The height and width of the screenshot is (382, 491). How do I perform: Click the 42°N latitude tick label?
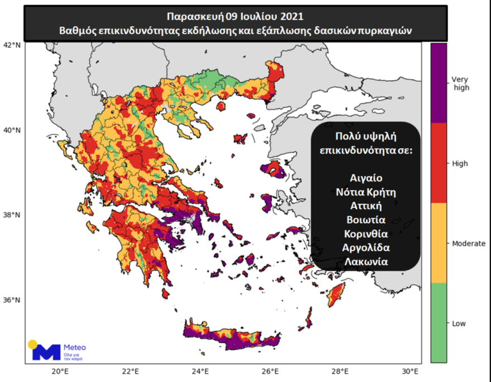pyautogui.click(x=13, y=45)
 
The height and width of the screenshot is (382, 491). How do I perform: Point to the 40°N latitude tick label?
pyautogui.click(x=13, y=130)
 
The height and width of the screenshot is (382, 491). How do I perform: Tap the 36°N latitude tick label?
pyautogui.click(x=13, y=300)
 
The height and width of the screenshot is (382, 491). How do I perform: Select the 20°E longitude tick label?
pyautogui.click(x=60, y=371)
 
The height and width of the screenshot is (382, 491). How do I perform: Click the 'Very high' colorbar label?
pyautogui.click(x=460, y=84)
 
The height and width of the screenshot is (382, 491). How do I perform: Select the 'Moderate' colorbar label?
pyautogui.click(x=468, y=243)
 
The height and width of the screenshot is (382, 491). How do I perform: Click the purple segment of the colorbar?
pyautogui.click(x=439, y=84)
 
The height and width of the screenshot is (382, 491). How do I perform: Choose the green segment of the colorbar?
pyautogui.click(x=439, y=323)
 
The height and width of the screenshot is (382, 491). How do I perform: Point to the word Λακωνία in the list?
pyautogui.click(x=366, y=261)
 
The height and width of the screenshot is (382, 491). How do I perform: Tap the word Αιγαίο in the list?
pyautogui.click(x=366, y=179)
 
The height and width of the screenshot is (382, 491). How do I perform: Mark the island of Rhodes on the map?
pyautogui.click(x=336, y=293)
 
